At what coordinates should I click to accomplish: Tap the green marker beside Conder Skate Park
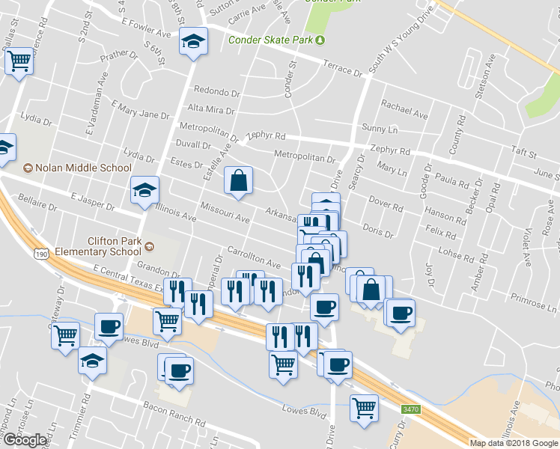click(x=320, y=40)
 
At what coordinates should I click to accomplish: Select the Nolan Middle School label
click(x=83, y=168)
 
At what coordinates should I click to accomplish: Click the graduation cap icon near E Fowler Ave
click(x=193, y=41)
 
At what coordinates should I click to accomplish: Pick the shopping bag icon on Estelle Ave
click(x=238, y=180)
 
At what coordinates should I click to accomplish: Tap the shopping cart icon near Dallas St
click(x=19, y=61)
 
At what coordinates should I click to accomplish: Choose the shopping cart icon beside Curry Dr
click(x=364, y=409)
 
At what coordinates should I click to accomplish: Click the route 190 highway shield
click(x=40, y=255)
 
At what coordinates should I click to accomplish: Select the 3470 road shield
click(x=410, y=409)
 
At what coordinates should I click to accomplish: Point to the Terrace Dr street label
click(x=342, y=69)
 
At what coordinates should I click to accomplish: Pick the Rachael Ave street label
click(x=404, y=109)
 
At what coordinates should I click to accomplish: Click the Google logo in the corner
click(x=25, y=440)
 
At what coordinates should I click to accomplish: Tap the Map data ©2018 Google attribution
click(x=514, y=443)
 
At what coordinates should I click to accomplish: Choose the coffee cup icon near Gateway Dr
click(x=109, y=327)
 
